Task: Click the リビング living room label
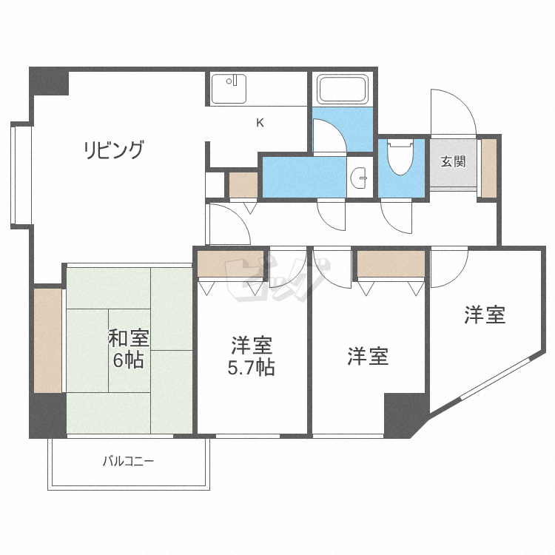pyautogui.click(x=114, y=149)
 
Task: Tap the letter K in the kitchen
pyautogui.click(x=260, y=123)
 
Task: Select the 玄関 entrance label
pyautogui.click(x=453, y=161)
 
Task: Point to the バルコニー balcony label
pyautogui.click(x=129, y=461)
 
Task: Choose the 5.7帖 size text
pyautogui.click(x=251, y=367)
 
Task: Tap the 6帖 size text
pyautogui.click(x=129, y=360)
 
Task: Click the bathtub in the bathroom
pyautogui.click(x=343, y=89)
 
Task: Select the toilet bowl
pyautogui.click(x=400, y=156)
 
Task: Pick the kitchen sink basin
pyautogui.click(x=229, y=89)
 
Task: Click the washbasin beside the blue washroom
pyautogui.click(x=359, y=177)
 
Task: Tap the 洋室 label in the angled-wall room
pyautogui.click(x=485, y=314)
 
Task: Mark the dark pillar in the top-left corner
pyautogui.click(x=49, y=81)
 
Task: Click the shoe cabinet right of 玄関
pyautogui.click(x=489, y=168)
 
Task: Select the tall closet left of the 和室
pyautogui.click(x=48, y=340)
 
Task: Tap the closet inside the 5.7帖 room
pyautogui.click(x=230, y=263)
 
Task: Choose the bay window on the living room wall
pyautogui.click(x=21, y=175)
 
